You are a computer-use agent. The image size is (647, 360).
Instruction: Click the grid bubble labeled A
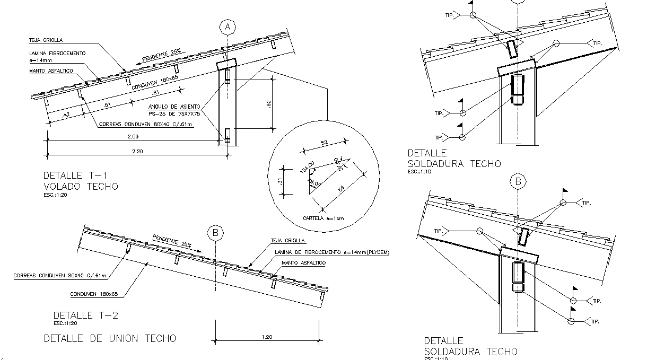(x=228, y=27)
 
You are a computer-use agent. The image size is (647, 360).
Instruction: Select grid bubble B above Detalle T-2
(x=215, y=233)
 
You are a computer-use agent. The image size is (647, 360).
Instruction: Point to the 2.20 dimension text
(x=137, y=151)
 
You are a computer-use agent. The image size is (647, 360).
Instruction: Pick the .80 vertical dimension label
(x=269, y=104)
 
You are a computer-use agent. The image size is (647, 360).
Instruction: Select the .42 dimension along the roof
(x=66, y=114)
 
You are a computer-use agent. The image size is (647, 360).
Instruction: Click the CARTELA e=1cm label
(x=323, y=218)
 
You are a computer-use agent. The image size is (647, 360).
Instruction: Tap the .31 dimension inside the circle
(x=279, y=182)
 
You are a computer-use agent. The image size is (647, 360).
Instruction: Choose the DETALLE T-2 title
(x=81, y=315)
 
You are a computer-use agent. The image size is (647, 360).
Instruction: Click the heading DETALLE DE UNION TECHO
(x=110, y=338)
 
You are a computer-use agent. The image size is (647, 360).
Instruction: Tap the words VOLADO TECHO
(x=81, y=186)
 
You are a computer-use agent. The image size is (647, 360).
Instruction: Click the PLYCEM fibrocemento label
(x=331, y=252)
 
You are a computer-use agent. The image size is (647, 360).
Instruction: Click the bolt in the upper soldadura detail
(x=517, y=89)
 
